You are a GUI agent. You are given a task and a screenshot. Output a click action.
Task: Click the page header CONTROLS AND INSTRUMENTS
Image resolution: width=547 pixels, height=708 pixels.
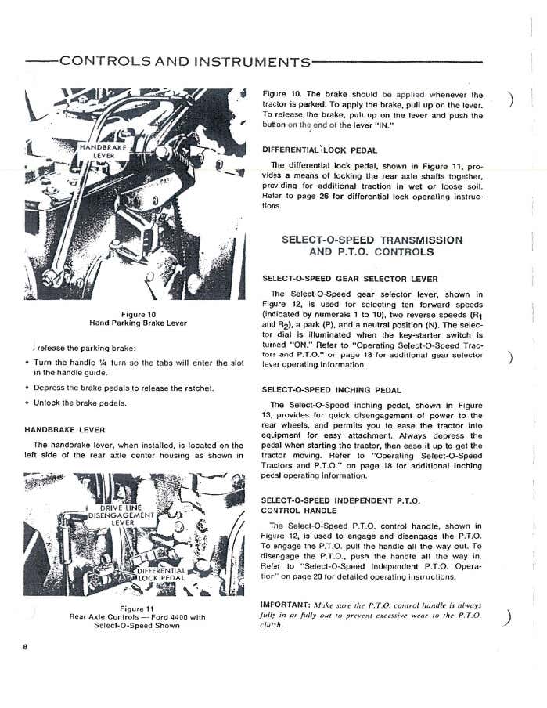[x=185, y=62]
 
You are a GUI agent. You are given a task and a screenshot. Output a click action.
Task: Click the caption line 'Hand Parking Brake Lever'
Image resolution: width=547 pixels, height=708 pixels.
[x=138, y=323]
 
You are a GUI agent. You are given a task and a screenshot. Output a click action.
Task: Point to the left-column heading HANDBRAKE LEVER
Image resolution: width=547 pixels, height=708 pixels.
[x=65, y=430]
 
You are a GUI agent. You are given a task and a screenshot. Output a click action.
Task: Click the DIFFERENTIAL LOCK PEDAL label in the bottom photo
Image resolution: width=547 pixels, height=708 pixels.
[x=161, y=574]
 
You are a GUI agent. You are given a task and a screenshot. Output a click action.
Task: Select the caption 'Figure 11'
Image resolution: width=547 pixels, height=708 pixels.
[x=138, y=609]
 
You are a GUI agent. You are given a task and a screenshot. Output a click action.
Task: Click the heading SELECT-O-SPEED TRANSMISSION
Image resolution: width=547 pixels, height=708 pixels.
[x=372, y=240]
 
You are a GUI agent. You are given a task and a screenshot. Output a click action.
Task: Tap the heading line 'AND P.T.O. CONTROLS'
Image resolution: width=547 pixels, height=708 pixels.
[x=371, y=252]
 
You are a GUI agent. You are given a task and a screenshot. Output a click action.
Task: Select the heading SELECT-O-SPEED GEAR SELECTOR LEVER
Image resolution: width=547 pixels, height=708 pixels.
[x=348, y=279]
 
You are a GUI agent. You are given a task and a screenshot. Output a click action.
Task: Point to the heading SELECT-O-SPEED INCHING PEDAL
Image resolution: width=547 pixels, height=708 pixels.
[x=331, y=389]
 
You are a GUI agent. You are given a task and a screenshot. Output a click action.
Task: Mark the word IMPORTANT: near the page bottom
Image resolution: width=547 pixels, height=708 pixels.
[x=286, y=605]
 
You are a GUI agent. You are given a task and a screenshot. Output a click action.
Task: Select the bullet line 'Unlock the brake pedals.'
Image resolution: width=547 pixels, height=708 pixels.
[x=80, y=403]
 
